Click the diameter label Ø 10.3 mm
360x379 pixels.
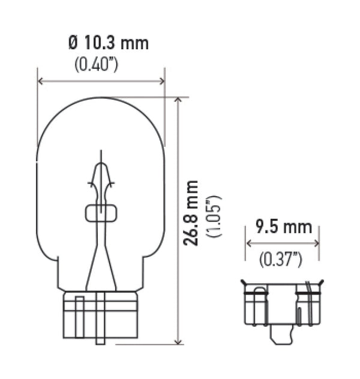pyautogui.click(x=109, y=43)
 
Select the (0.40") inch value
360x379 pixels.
pyautogui.click(x=96, y=64)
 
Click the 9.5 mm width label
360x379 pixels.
pyautogui.click(x=283, y=227)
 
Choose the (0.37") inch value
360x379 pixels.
pyautogui.click(x=280, y=259)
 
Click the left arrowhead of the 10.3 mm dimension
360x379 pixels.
pyautogui.click(x=40, y=81)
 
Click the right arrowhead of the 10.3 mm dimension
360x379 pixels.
pyautogui.click(x=161, y=81)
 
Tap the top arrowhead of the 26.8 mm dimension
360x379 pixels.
pyautogui.click(x=178, y=100)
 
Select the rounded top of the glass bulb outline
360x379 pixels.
pyautogui.click(x=101, y=98)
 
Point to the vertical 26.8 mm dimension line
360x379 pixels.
pyautogui.click(x=178, y=270)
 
